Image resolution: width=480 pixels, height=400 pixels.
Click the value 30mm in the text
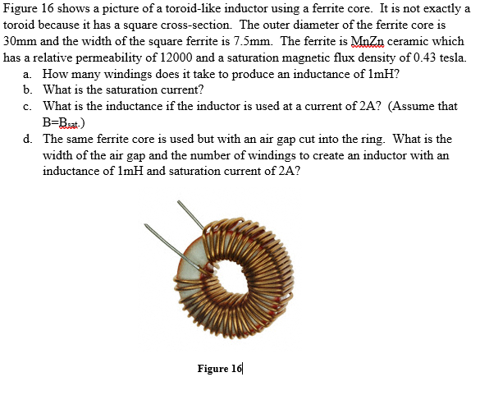[21, 40]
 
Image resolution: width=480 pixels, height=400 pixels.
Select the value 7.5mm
[255, 40]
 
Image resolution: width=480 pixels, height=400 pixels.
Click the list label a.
[27, 74]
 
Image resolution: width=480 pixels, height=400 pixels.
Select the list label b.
[27, 90]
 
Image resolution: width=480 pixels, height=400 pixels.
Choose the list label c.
[27, 106]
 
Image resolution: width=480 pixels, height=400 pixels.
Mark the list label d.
[27, 139]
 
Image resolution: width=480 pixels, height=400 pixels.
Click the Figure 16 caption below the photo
[220, 368]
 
